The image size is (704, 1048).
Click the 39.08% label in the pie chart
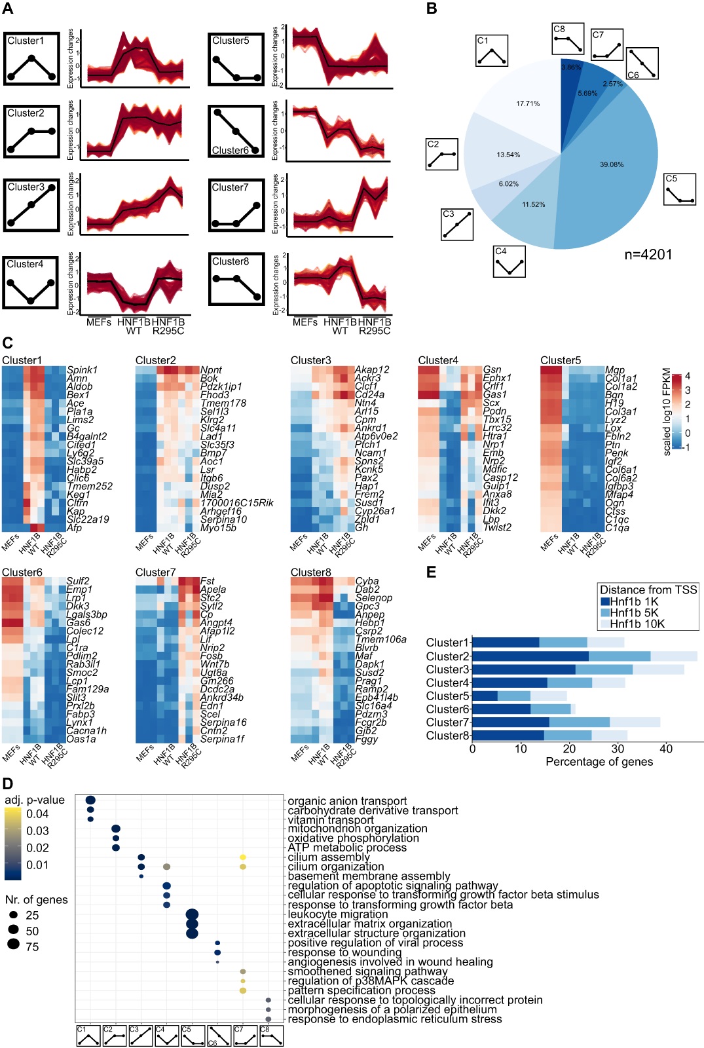point(612,164)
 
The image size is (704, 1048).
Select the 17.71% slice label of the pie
point(528,103)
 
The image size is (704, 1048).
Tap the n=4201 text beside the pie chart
point(648,255)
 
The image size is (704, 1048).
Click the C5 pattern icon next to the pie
point(679,189)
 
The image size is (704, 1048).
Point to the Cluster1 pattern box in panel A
point(31,59)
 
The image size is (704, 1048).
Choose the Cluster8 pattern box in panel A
point(236,280)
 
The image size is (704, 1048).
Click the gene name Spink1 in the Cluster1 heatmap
point(82,370)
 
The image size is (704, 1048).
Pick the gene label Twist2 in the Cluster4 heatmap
point(497,527)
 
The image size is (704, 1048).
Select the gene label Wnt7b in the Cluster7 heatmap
point(213,664)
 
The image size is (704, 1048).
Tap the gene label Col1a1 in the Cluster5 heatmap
point(621,379)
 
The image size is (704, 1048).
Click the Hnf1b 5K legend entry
point(629,613)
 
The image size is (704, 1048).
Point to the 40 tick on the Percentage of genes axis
point(666,749)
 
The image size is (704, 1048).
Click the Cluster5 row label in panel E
point(447,696)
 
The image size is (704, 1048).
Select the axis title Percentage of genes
point(599,762)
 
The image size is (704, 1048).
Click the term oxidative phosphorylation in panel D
point(353,838)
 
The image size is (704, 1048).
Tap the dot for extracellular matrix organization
point(192,924)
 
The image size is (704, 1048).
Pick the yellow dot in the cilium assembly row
point(243,857)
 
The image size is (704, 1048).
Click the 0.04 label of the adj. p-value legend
point(37,814)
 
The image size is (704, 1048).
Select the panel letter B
point(432,9)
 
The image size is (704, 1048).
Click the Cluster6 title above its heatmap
point(22,572)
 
